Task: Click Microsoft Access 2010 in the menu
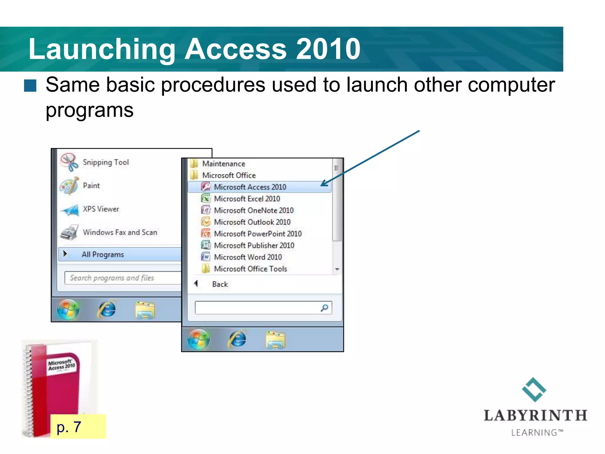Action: pos(250,187)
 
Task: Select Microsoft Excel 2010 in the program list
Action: pos(247,199)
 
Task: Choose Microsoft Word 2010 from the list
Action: pos(248,257)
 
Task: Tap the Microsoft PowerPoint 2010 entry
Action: pos(258,234)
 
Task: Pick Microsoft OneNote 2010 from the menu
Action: pos(254,210)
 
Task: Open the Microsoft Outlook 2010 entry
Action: pos(252,222)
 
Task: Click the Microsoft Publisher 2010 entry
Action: pos(254,246)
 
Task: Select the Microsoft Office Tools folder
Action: pos(250,269)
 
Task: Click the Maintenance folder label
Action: pos(224,164)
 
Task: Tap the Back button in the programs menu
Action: pos(220,284)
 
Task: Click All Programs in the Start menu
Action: pos(103,254)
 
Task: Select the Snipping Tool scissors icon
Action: pos(69,162)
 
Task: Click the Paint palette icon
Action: pos(69,186)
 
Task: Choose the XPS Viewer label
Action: pos(101,209)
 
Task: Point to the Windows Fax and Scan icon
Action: pos(69,232)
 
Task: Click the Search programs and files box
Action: pos(123,278)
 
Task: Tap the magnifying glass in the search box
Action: pos(324,308)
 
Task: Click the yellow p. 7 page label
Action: pos(78,427)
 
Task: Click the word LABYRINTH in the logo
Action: pos(535,416)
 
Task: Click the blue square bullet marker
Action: pos(30,86)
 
